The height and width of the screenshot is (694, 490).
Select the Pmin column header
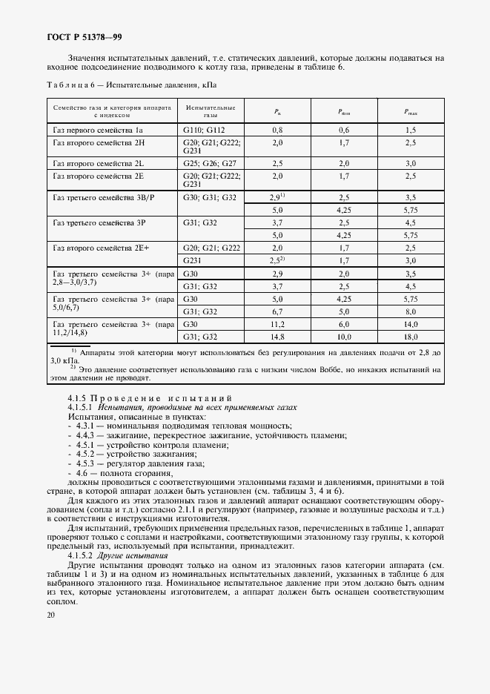(344, 112)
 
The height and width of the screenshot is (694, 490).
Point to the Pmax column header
(411, 112)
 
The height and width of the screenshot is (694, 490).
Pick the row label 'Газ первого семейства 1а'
(96, 130)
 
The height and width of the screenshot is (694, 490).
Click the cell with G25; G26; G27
(209, 162)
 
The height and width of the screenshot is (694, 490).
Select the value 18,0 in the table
(410, 337)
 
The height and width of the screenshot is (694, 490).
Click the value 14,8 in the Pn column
(277, 337)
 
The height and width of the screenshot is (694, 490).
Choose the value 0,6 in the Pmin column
(344, 130)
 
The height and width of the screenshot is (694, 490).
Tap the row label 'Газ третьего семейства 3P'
(97, 222)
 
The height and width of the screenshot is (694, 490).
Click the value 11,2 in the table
(277, 325)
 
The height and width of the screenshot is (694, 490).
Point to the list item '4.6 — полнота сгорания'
(125, 472)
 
